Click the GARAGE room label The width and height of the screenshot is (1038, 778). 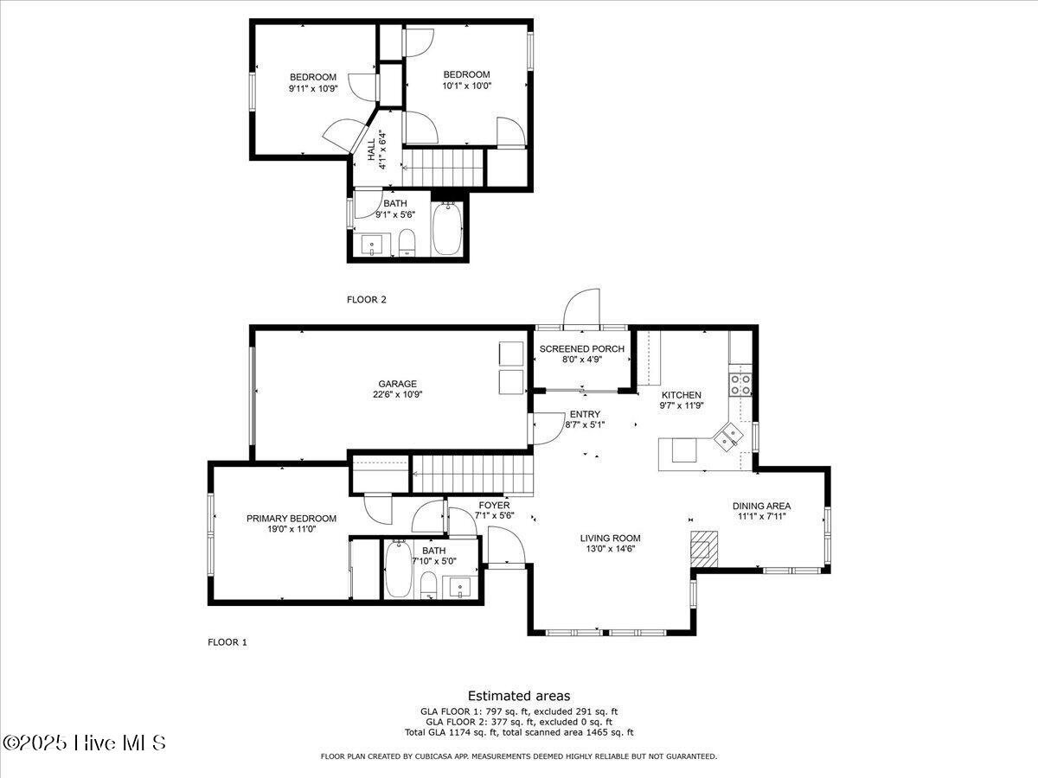pos(397,384)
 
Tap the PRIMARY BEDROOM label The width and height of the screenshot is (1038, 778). pos(292,518)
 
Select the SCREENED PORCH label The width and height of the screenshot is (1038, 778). pos(581,349)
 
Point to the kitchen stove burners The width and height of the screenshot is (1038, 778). pos(740,385)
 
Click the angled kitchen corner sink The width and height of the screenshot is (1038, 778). pos(727,437)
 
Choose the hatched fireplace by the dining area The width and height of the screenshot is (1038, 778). pos(704,549)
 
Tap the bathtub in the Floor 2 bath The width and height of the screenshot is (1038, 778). pos(447,229)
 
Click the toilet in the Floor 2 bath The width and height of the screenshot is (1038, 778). pos(407,242)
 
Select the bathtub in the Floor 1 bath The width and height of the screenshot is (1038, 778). pos(398,569)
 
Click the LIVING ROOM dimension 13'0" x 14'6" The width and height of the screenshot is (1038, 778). pos(610,548)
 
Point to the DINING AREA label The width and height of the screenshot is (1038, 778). pos(761,506)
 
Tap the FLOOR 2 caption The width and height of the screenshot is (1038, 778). pos(367,299)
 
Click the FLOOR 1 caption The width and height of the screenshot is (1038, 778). pos(227,642)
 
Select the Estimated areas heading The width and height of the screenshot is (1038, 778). pos(519,695)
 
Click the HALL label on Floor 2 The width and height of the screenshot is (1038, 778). pos(371,150)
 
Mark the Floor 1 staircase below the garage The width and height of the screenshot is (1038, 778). pos(472,475)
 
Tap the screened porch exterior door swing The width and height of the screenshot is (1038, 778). pos(581,308)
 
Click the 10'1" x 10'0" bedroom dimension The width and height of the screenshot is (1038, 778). pos(467,86)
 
